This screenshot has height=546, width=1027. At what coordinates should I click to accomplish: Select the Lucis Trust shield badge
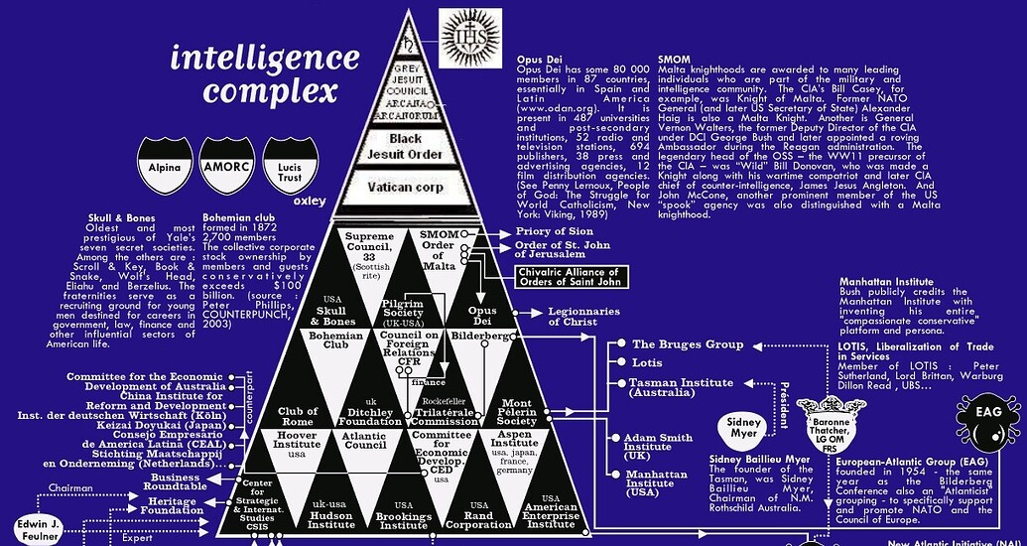[290, 166]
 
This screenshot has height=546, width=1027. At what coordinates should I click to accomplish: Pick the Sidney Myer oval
[745, 426]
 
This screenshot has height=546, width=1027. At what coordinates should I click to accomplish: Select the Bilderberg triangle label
[480, 337]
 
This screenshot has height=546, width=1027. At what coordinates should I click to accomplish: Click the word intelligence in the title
[264, 57]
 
